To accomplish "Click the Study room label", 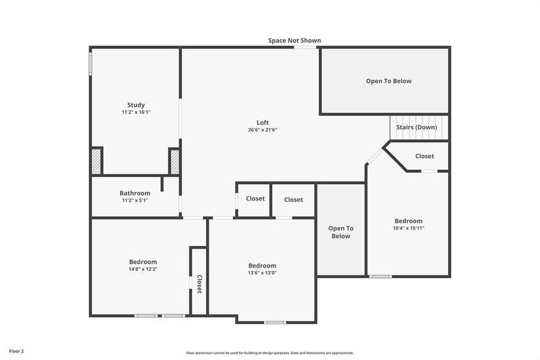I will pos(136,105).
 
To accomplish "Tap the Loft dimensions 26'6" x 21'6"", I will pos(263,130).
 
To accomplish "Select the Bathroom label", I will pos(135,193).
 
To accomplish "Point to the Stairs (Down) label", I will pos(417,127).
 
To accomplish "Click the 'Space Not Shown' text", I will pos(294,41).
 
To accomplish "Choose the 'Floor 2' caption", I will pos(16,350).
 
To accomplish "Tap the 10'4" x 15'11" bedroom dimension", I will pos(408,228).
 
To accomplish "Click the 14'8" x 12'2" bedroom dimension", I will pos(143,269).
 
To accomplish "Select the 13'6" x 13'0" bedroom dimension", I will pos(263,273).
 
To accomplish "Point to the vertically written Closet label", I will pos(200,284).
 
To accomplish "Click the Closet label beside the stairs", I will pos(424,156).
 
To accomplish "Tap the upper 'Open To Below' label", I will pos(389,81).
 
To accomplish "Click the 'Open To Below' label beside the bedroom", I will pos(340,232).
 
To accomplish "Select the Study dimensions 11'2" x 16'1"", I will pos(136,112).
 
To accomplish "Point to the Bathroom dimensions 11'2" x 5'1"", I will pos(135,200).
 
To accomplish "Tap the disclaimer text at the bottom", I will pos(270,353).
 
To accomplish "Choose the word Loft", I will pos(263,122).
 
